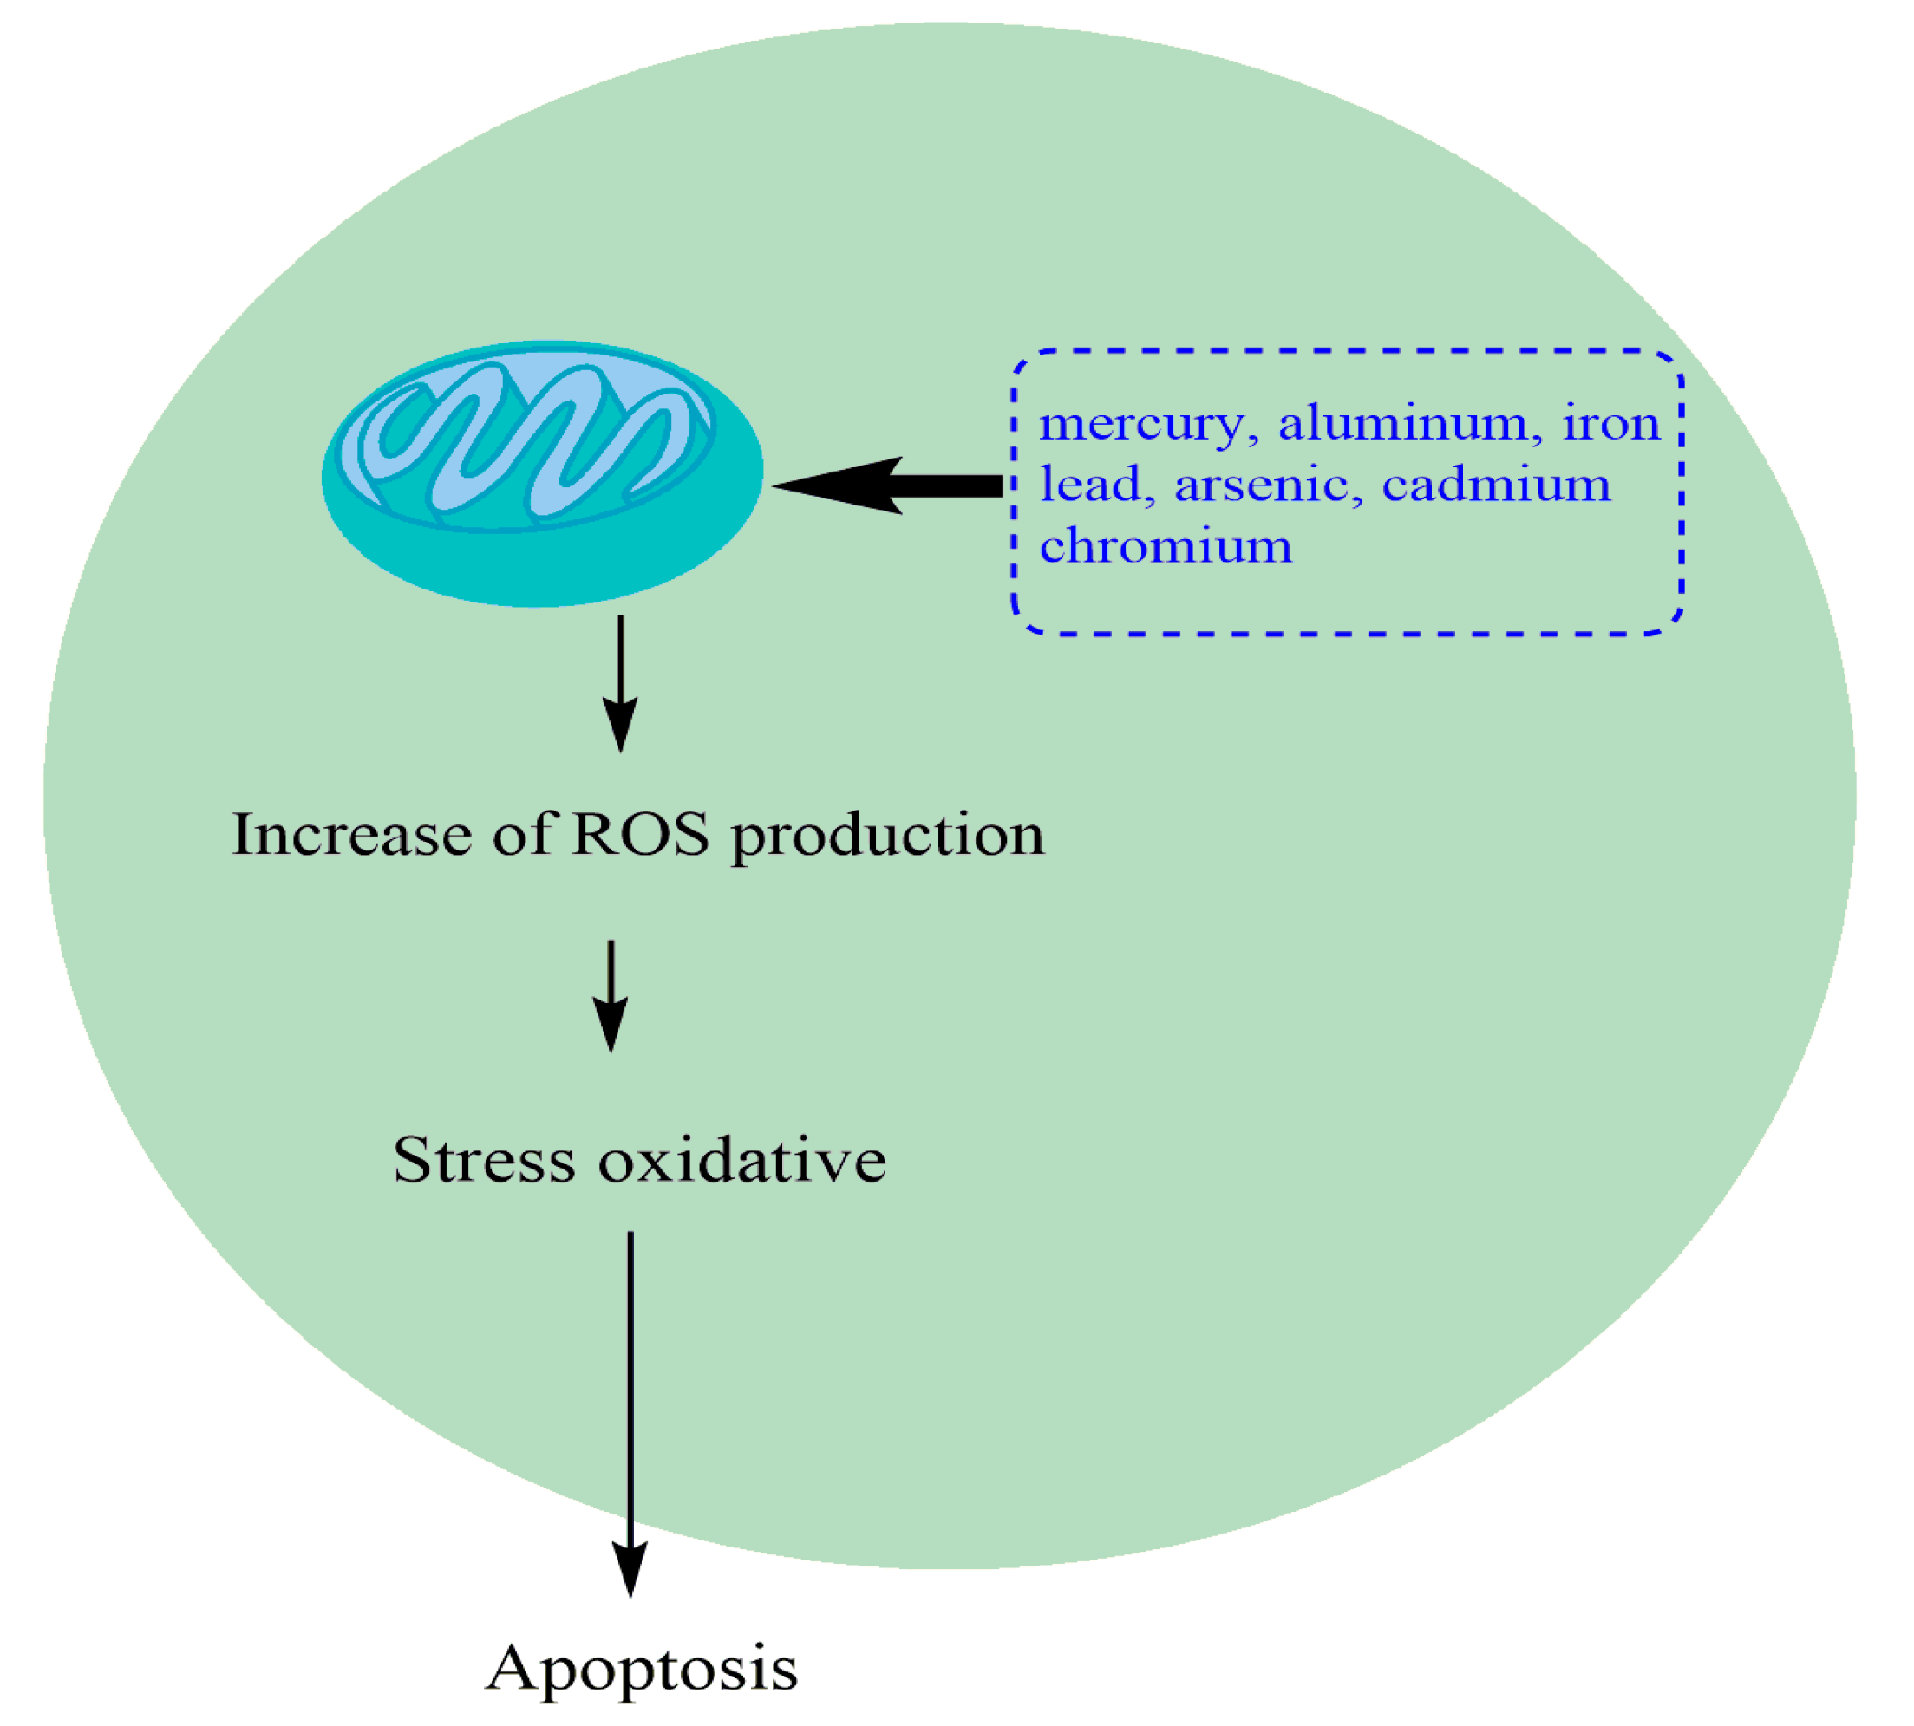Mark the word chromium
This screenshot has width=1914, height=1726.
click(1165, 546)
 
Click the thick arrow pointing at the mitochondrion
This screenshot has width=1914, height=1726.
click(887, 485)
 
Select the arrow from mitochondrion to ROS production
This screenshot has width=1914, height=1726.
click(620, 682)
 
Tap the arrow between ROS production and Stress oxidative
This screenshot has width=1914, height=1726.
click(611, 995)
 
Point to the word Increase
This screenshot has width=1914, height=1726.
click(351, 835)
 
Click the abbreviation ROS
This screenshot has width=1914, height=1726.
click(639, 835)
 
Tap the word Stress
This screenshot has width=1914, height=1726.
click(484, 1159)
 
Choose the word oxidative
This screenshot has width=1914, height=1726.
click(741, 1159)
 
